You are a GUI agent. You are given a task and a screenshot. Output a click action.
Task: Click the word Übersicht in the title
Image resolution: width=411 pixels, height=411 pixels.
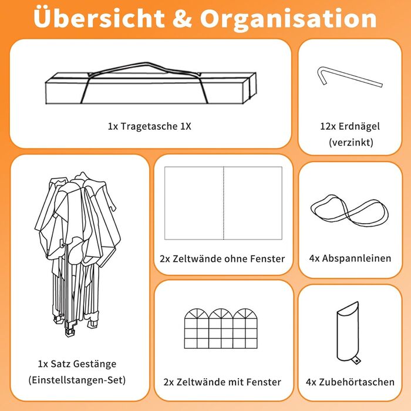click(99, 18)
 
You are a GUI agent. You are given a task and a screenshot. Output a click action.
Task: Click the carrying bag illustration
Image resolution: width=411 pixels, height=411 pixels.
click(151, 83)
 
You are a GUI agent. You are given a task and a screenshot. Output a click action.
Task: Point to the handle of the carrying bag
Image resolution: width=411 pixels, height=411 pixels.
click(144, 64)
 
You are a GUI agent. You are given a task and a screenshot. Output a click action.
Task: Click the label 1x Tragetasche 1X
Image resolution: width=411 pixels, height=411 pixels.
click(150, 126)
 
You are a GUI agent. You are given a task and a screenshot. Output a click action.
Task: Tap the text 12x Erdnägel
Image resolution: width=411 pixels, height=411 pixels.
click(350, 126)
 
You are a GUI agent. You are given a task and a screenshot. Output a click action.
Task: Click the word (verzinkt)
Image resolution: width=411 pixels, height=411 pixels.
click(351, 142)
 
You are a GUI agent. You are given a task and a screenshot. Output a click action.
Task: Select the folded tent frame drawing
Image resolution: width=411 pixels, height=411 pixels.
click(78, 254)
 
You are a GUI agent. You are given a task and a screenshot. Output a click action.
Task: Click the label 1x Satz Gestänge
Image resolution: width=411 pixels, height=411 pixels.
click(77, 364)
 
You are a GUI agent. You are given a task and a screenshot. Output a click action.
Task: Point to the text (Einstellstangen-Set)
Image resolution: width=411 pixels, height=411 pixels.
click(77, 380)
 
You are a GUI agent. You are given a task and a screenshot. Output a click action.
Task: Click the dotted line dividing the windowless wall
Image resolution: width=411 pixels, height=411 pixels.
click(224, 203)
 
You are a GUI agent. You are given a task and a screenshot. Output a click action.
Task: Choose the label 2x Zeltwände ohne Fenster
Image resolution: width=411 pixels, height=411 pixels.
click(223, 259)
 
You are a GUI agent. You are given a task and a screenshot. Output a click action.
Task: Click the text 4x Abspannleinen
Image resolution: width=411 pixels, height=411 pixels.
click(350, 258)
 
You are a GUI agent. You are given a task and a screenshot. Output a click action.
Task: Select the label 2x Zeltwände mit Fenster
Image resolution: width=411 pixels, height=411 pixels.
click(223, 382)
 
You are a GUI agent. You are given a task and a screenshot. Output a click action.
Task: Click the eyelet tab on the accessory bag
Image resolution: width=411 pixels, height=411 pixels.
click(356, 361)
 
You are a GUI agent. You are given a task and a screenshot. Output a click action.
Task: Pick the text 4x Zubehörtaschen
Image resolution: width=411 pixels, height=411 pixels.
click(350, 382)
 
